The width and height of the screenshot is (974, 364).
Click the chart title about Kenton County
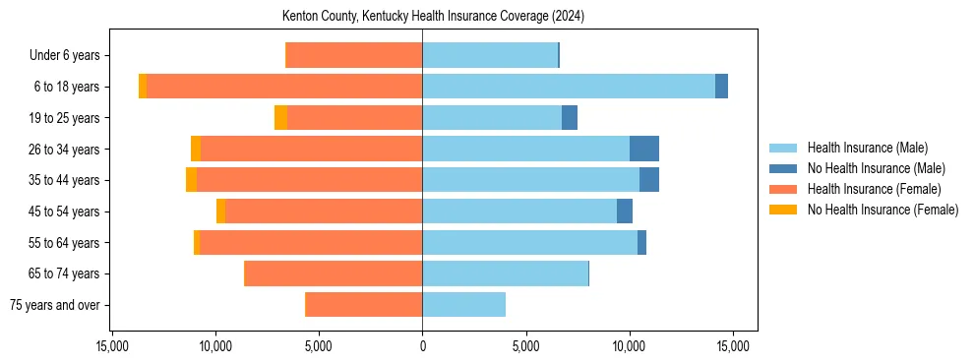pos(433,17)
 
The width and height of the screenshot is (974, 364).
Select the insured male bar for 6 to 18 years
pos(569,87)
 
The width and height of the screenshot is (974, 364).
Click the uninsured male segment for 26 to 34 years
pos(644,149)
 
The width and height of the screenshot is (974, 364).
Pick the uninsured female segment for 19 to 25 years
pos(280,117)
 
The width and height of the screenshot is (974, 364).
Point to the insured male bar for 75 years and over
pos(463,305)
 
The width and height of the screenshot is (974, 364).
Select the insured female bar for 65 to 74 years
pos(334,273)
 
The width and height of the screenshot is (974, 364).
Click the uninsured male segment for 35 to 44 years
pos(649,180)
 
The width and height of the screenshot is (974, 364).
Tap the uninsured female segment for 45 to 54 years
pos(221,212)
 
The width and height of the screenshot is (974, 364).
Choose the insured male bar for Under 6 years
pos(490,55)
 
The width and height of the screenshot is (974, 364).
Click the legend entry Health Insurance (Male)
pos(867,148)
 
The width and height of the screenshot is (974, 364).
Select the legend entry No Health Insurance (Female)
pos(883,210)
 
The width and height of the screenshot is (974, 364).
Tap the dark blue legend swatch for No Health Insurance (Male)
pos(783,168)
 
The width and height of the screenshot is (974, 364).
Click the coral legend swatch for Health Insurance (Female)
pos(783,189)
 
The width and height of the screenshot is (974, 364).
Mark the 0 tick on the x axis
pos(422,346)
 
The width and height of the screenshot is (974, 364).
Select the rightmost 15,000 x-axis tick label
pos(733,346)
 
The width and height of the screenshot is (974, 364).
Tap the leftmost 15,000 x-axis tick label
pos(112,346)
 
